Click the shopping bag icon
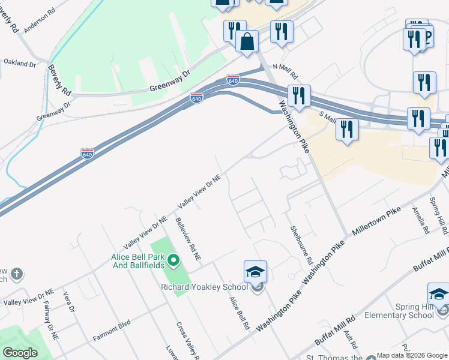click(247, 41)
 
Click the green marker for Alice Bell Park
click(174, 260)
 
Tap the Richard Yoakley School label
click(204, 287)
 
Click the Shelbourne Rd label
click(302, 245)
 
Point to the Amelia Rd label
click(421, 220)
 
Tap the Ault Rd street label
click(352, 341)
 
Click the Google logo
click(20, 353)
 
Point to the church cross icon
click(17, 274)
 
